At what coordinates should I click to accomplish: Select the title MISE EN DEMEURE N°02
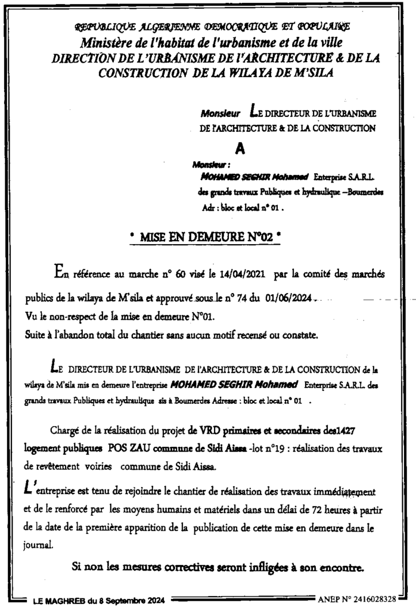click(x=205, y=237)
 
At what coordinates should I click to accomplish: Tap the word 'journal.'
click(x=40, y=544)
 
